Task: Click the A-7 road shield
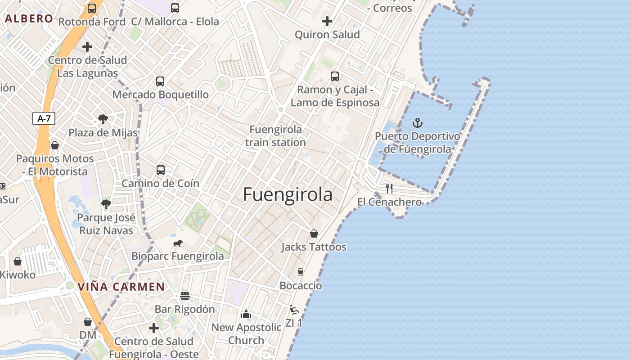click(x=44, y=119)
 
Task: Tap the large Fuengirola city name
click(x=288, y=194)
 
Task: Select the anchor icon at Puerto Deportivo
click(x=418, y=122)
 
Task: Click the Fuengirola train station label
click(x=275, y=136)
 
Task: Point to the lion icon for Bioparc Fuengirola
click(x=178, y=243)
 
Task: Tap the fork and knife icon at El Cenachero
click(x=389, y=189)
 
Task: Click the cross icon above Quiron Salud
click(x=327, y=21)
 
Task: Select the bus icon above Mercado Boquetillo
click(x=160, y=81)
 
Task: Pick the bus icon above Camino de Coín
click(x=161, y=170)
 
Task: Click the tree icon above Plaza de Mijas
click(x=103, y=119)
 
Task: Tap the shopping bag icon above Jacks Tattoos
click(x=314, y=234)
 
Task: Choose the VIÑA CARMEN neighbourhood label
click(x=121, y=287)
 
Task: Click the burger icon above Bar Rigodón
click(x=184, y=296)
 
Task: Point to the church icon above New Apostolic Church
click(x=246, y=314)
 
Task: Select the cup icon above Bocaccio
click(x=301, y=272)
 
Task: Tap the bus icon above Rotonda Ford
click(x=92, y=8)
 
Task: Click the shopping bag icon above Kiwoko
click(x=18, y=261)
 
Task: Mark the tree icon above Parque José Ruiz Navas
click(x=106, y=204)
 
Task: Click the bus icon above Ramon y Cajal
click(x=335, y=76)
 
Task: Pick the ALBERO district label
click(x=29, y=19)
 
